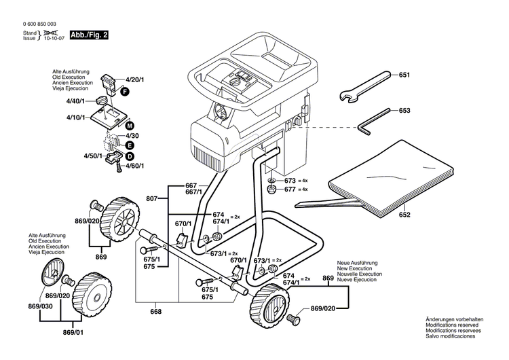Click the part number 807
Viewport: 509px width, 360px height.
point(152,198)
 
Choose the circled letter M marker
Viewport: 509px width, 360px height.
point(130,126)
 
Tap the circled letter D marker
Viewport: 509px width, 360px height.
point(129,156)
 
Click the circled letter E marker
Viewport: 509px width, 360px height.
point(129,145)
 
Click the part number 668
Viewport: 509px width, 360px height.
point(156,312)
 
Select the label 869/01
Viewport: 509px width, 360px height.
point(73,333)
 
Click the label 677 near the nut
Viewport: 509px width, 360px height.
point(290,191)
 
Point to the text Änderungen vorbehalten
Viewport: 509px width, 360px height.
point(454,319)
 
